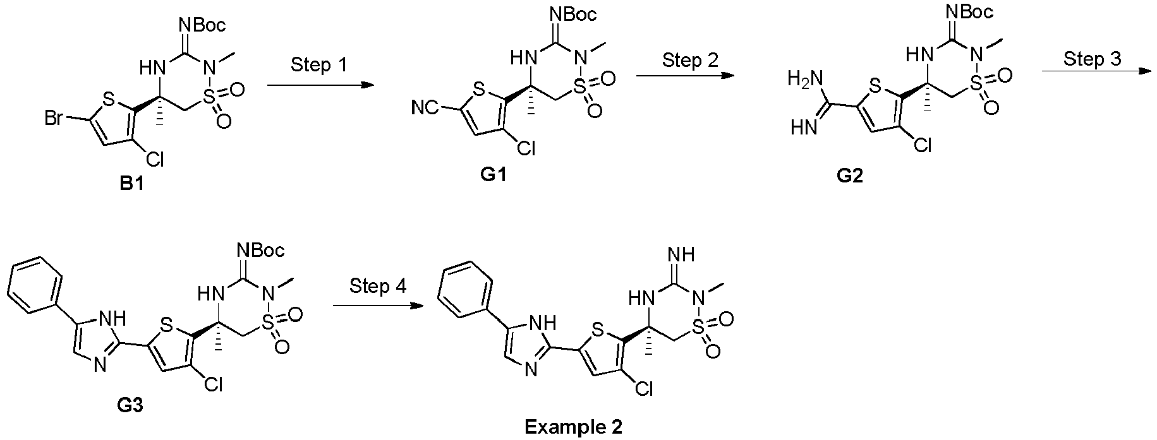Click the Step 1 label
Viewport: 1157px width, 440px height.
point(318,65)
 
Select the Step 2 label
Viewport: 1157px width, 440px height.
point(690,61)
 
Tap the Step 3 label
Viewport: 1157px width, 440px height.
point(1091,59)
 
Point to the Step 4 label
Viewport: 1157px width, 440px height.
point(378,286)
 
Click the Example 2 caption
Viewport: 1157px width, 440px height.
point(574,427)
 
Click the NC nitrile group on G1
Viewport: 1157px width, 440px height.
point(424,109)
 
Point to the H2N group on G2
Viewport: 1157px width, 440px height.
point(803,80)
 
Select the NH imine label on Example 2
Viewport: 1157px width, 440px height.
point(680,254)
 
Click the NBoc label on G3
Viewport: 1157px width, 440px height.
point(261,250)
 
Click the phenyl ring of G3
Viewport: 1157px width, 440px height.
point(36,284)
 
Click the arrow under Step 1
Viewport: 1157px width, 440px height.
point(318,84)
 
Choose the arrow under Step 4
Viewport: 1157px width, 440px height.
point(377,306)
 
